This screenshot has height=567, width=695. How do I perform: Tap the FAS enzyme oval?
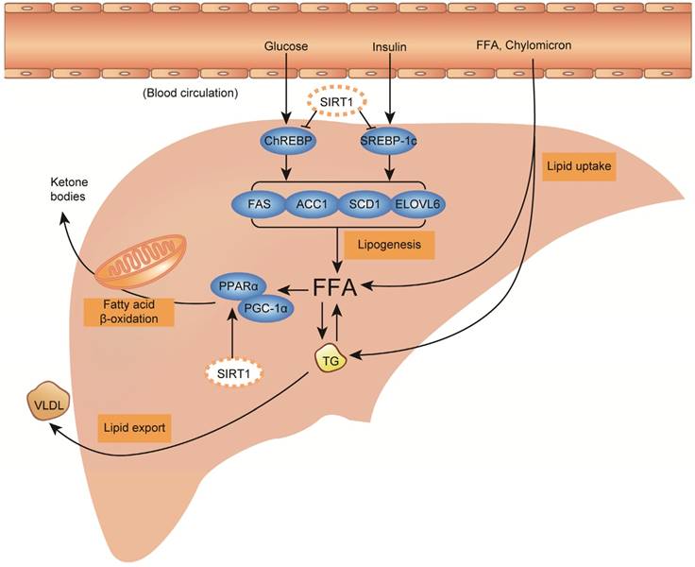tap(260, 204)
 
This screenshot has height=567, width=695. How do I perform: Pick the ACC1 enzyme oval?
tap(317, 204)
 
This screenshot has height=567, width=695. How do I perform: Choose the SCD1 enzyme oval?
tap(374, 204)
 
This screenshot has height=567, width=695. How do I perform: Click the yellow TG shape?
tap(331, 359)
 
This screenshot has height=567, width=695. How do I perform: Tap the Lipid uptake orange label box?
tap(579, 166)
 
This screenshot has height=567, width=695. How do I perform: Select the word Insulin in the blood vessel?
tap(389, 45)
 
